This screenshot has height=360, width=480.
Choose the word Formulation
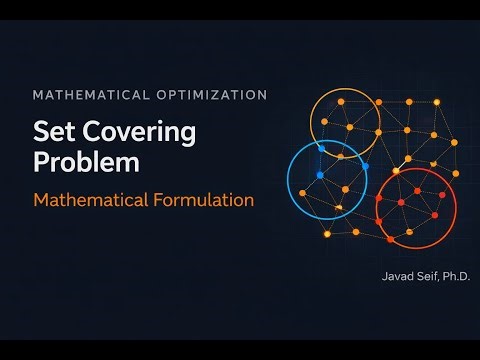click(x=206, y=199)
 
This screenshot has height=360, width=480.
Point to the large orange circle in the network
click(x=344, y=124)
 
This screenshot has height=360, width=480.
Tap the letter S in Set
click(x=42, y=131)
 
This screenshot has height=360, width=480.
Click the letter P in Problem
click(x=41, y=161)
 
